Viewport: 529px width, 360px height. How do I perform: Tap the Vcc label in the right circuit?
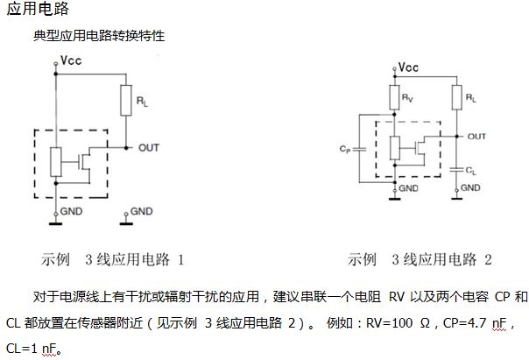tap(407, 67)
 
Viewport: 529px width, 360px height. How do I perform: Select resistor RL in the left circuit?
tap(128, 103)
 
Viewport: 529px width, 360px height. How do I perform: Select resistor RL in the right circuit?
tap(455, 101)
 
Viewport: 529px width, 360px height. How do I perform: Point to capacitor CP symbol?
tap(351, 150)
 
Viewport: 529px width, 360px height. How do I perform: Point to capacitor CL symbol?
tap(455, 166)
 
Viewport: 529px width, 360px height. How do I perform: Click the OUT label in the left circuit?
tap(149, 147)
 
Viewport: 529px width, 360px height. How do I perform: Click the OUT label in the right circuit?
tap(476, 137)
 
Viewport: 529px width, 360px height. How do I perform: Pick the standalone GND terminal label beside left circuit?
tap(140, 211)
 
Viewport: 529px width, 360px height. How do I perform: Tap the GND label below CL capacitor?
tap(470, 187)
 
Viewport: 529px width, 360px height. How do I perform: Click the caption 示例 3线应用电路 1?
tap(112, 259)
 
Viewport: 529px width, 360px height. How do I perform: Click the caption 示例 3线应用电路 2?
tap(420, 259)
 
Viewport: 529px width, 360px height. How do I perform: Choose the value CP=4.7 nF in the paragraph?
tap(474, 323)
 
